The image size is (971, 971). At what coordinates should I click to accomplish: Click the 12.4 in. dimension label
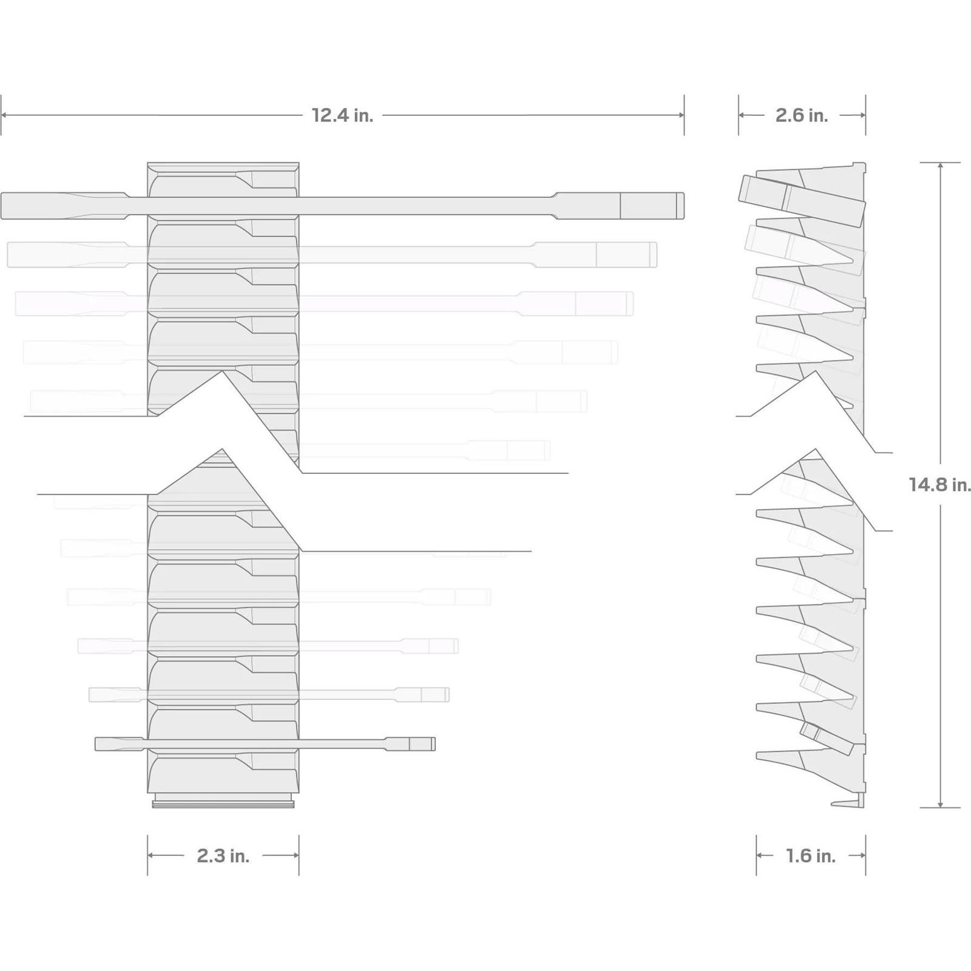click(342, 115)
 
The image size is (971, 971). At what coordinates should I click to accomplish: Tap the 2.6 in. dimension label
click(802, 115)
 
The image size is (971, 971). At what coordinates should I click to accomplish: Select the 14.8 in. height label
click(939, 485)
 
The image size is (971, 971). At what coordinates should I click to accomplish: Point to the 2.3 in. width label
click(223, 856)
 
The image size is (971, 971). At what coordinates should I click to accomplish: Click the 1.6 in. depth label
click(811, 856)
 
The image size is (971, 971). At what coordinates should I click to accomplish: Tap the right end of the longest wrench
click(683, 206)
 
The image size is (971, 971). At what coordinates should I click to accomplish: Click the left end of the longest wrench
click(2, 206)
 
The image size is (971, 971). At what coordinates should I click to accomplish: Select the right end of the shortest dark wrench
click(435, 743)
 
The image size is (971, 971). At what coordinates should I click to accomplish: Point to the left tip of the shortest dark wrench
click(96, 743)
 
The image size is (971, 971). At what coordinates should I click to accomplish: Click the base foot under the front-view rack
click(223, 800)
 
